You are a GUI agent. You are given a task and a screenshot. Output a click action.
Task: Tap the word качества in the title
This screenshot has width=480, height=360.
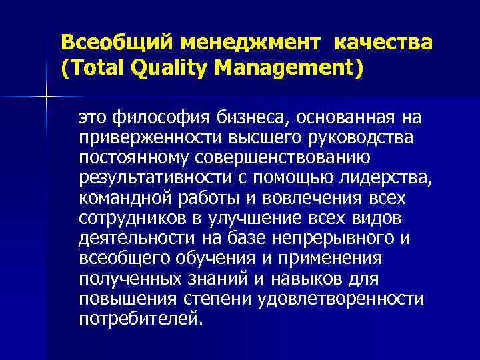click(x=383, y=43)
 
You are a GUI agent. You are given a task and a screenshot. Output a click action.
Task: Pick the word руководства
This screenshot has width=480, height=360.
click(x=359, y=137)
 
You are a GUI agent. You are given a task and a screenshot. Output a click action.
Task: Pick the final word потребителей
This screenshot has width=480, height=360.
click(x=137, y=320)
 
